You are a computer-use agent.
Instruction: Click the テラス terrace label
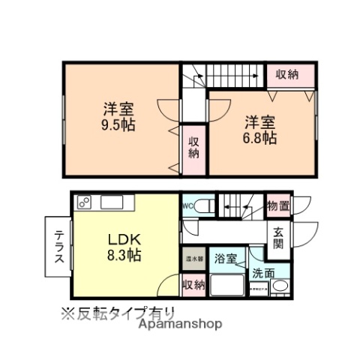58,245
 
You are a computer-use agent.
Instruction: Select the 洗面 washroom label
263,273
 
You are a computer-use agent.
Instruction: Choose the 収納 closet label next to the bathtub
193,284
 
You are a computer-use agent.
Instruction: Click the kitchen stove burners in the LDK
85,202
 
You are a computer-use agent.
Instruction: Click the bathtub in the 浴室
229,286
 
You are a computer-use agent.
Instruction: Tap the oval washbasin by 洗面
279,286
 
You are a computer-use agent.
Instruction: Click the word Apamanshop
181,325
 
